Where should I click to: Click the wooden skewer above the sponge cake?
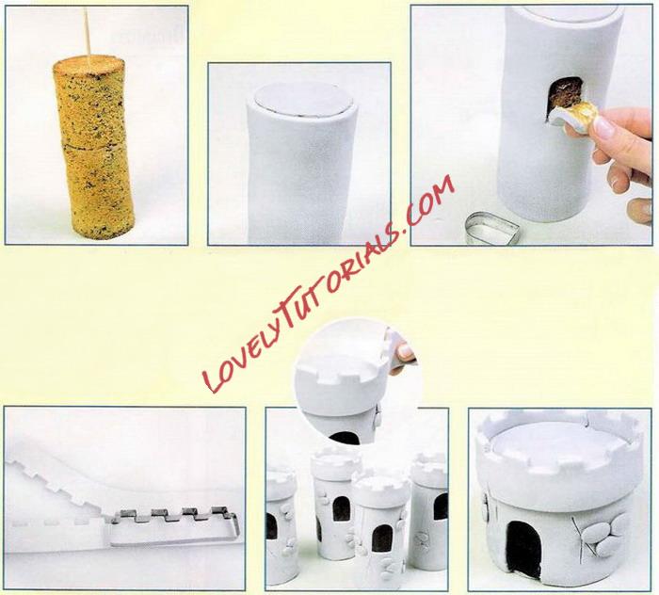87,30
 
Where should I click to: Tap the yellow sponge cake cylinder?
92,147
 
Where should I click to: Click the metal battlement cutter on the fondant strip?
172,526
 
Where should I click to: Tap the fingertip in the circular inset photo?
405,352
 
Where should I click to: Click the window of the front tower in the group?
381,539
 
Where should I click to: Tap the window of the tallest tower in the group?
341,509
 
